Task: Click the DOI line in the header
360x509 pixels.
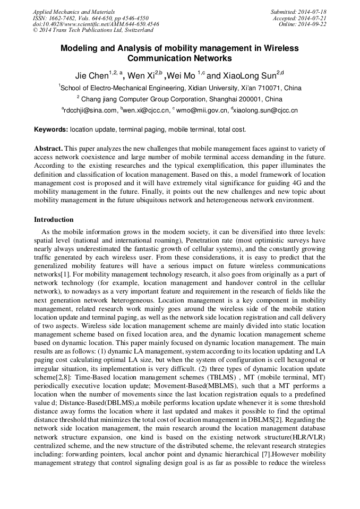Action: [x=96, y=24]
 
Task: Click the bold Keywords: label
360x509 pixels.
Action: [x=51, y=129]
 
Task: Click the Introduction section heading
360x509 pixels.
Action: [x=54, y=220]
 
